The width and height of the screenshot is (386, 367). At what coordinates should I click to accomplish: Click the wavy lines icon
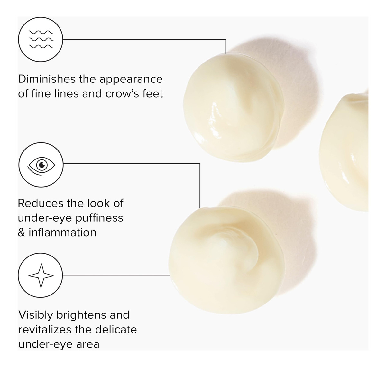[41, 39]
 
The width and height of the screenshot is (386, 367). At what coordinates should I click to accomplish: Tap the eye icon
[41, 166]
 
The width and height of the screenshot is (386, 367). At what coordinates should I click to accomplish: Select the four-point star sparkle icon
[41, 275]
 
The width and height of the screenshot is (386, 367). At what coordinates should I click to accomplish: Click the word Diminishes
[47, 79]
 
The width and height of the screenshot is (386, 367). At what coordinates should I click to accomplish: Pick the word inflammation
[63, 233]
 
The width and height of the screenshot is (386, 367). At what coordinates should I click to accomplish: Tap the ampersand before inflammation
[22, 233]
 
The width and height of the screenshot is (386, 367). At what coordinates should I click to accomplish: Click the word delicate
[116, 330]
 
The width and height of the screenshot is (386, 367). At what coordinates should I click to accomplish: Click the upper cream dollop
[234, 107]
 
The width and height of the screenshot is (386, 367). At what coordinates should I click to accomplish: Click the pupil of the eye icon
[42, 165]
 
